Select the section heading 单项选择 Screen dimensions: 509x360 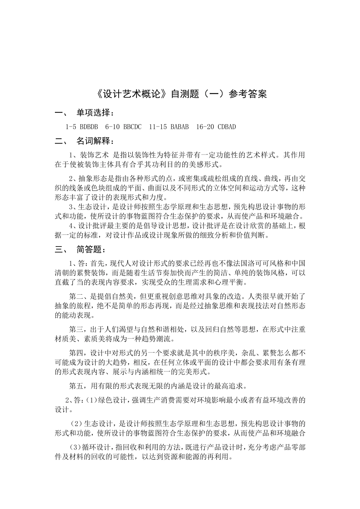pos(94,113)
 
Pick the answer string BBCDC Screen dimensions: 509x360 pos(132,127)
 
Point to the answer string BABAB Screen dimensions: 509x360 pos(180,127)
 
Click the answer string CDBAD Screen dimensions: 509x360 pos(227,127)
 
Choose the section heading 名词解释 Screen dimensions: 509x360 pos(94,142)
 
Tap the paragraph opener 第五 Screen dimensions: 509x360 pos(77,386)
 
